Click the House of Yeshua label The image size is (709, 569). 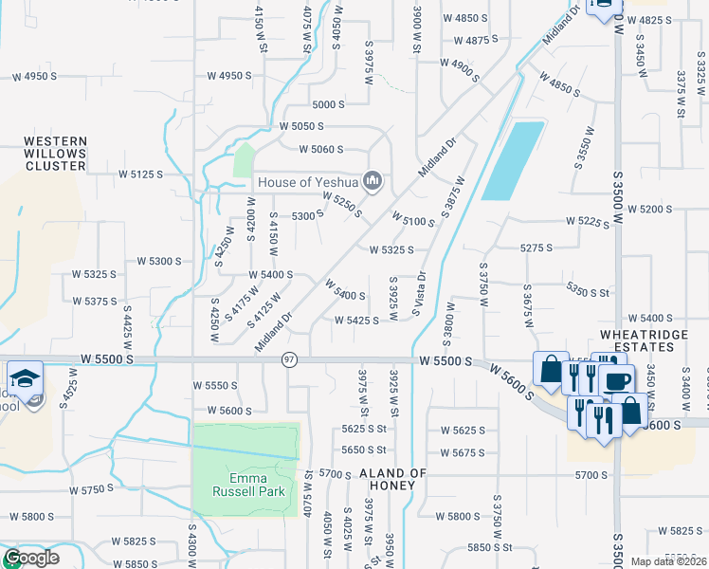point(308,181)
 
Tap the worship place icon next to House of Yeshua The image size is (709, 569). point(373,181)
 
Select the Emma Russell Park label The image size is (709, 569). point(245,485)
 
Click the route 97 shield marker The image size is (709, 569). point(290,359)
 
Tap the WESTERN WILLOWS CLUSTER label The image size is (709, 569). point(55,153)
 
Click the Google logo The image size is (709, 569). point(31,558)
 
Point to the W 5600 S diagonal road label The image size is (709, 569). point(513,383)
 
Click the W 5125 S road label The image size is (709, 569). point(141,174)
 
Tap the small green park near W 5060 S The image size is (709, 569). point(245,159)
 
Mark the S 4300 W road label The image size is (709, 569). point(191,545)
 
